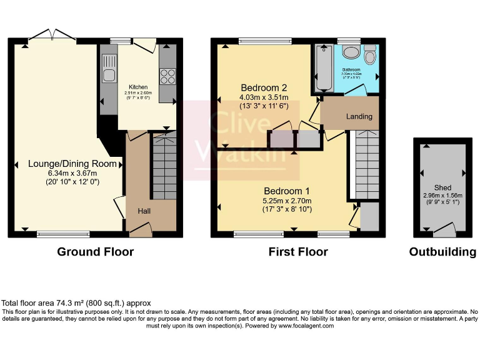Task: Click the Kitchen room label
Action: point(138,87)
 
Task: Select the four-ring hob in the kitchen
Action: point(168,76)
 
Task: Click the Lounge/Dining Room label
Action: point(72,164)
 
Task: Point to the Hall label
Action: point(144,211)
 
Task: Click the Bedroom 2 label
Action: point(264,87)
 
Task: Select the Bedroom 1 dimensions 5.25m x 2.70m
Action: point(286,201)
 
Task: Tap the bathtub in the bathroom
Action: point(324,68)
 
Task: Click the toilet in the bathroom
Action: point(370,56)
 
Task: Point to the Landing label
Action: point(359,116)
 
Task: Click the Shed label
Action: point(442,187)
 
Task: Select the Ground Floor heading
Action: point(95,252)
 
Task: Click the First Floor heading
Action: point(298,252)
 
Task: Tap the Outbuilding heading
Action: point(442,252)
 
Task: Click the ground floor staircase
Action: point(164,166)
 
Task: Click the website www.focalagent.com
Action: point(306,326)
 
